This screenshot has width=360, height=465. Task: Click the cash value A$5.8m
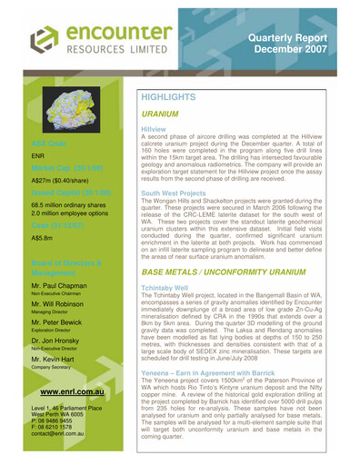(x=42, y=238)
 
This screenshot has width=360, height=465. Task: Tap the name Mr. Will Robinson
(x=66, y=306)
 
